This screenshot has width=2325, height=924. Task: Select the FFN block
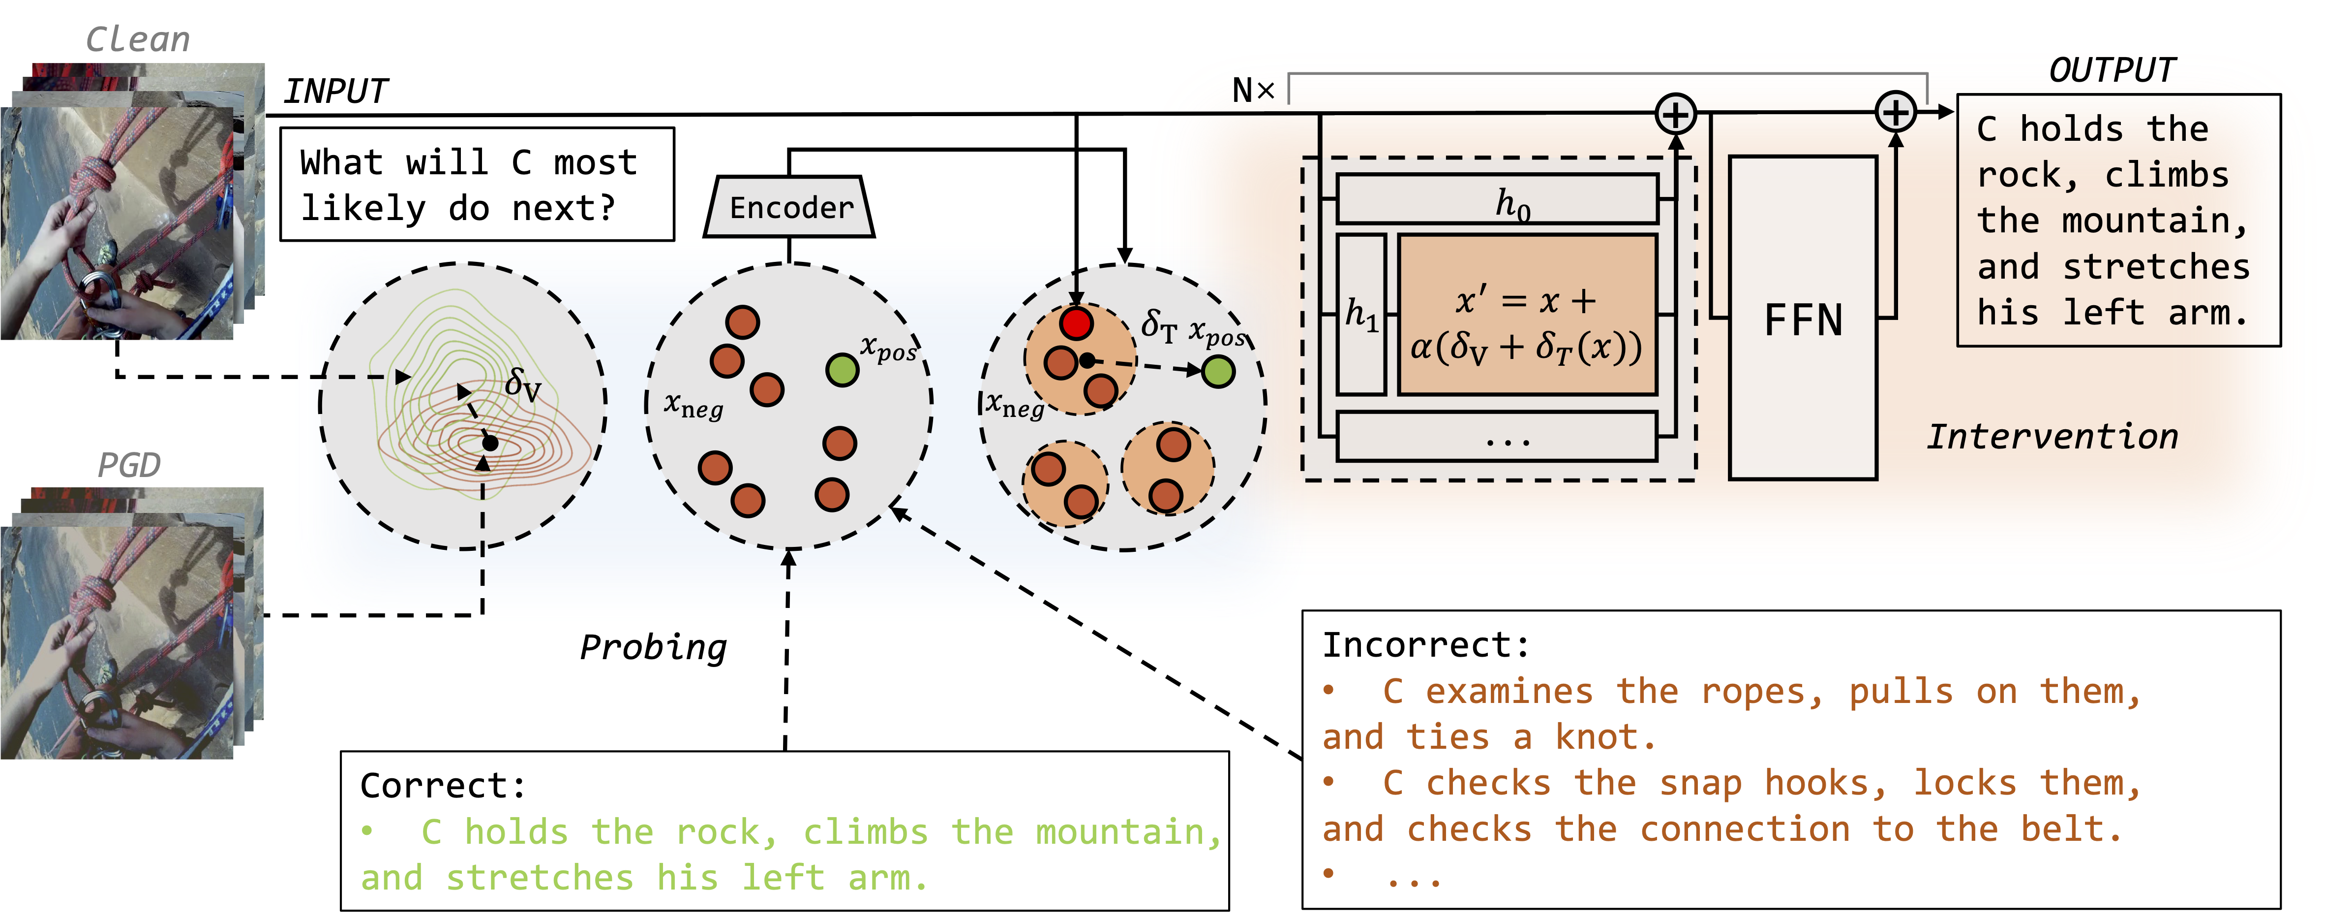pos(1803,318)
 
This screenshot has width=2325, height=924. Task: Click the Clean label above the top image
pos(137,40)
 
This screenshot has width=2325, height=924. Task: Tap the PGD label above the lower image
pos(128,465)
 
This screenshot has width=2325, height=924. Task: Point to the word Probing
pos(653,647)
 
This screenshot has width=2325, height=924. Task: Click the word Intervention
pos(2052,436)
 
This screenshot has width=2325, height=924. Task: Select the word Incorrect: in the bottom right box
pos(1426,645)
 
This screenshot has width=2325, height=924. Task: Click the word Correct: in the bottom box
pos(442,785)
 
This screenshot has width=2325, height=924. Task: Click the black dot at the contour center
pos(490,443)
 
